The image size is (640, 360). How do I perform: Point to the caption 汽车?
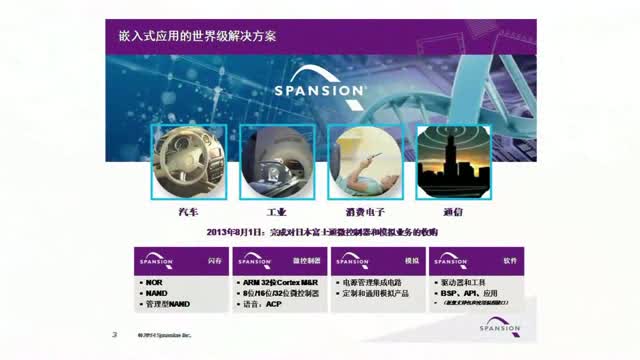188,213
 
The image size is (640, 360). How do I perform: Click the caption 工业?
276,213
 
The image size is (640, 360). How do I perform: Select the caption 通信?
451,213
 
